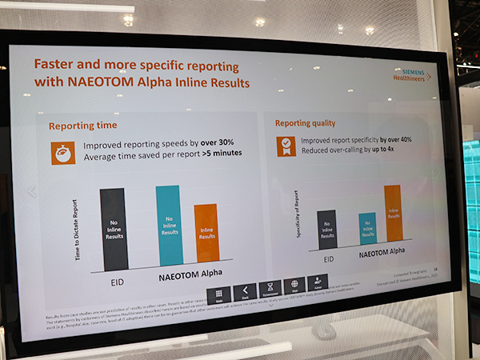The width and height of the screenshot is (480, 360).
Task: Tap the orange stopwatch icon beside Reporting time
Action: click(x=63, y=153)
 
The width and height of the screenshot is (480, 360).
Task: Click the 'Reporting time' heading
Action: click(x=82, y=126)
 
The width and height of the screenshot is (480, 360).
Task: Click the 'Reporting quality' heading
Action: click(x=306, y=123)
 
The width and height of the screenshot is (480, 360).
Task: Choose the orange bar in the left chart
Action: click(x=206, y=234)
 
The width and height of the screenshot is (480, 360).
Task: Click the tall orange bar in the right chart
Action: click(x=392, y=214)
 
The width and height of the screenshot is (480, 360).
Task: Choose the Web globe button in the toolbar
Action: click(x=294, y=289)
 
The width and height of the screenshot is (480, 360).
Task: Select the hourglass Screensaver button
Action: click(x=270, y=290)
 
